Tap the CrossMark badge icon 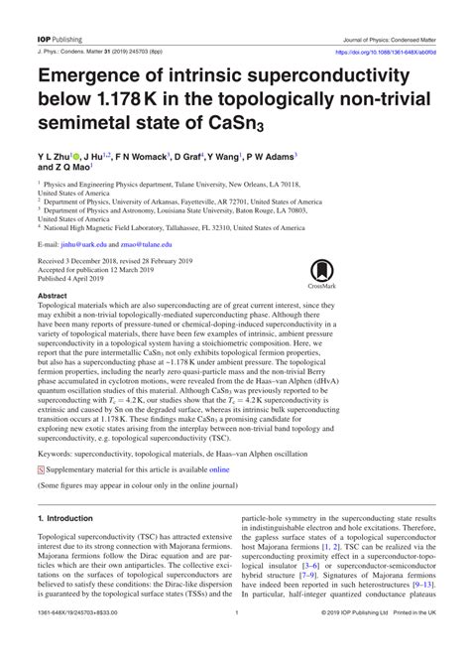pos(321,271)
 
